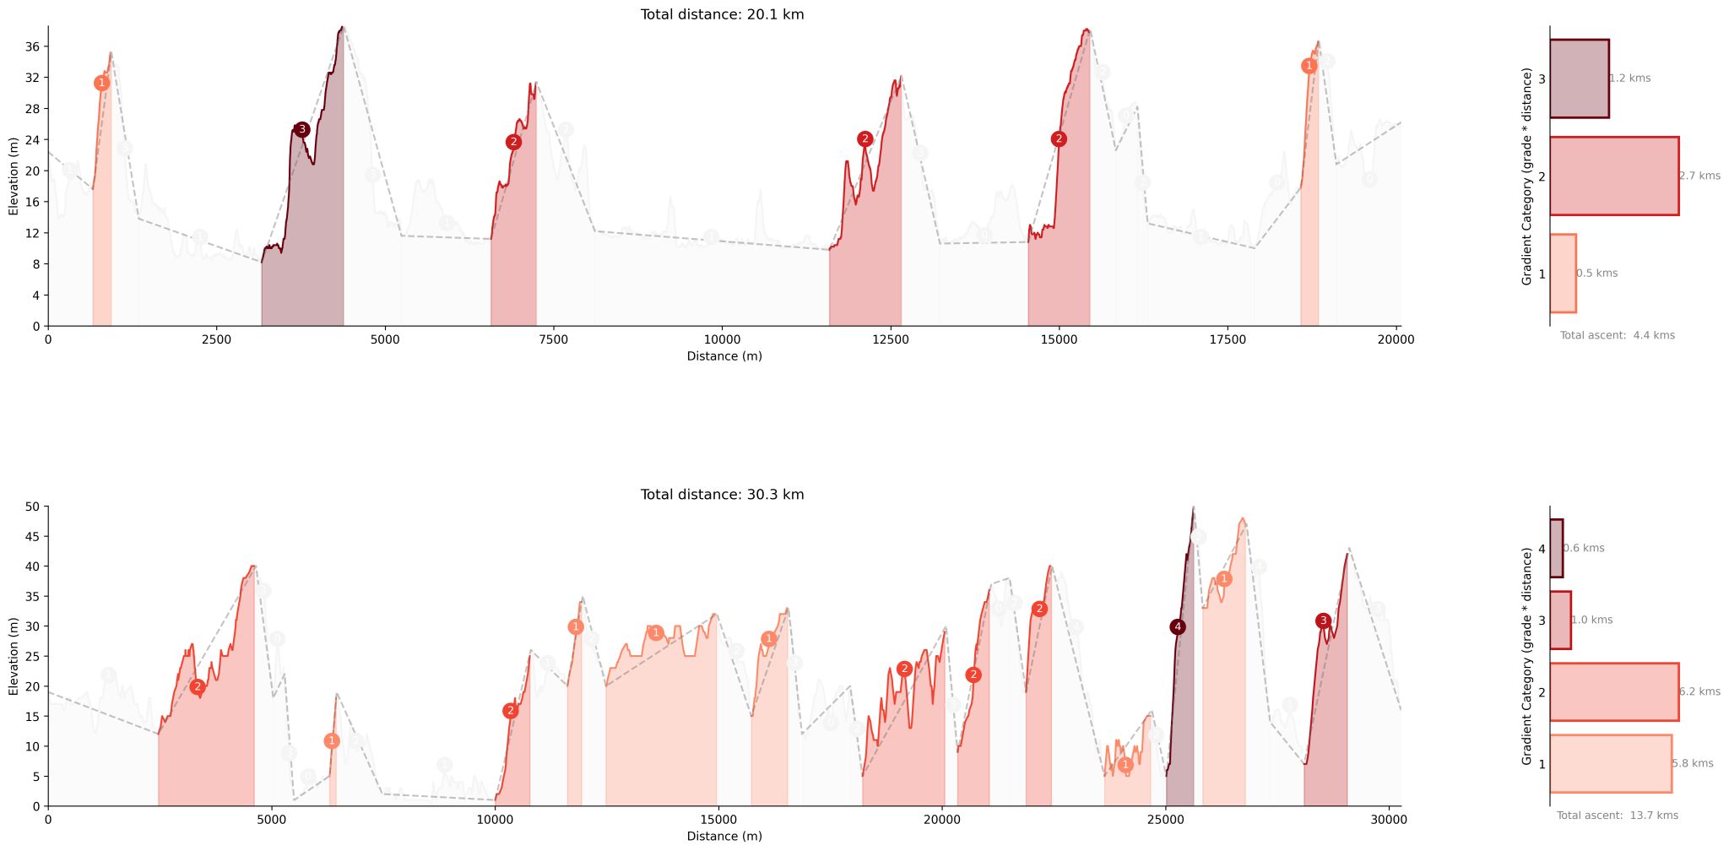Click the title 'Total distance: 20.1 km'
coord(722,14)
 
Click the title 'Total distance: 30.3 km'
coord(722,495)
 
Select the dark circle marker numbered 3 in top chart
coord(301,130)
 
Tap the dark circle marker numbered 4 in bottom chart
coord(1178,627)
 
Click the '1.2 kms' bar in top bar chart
coord(1579,79)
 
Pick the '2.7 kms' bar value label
coord(1699,176)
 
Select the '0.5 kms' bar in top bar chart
coord(1563,274)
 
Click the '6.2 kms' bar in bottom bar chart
coord(1613,692)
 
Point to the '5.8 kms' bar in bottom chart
coord(1610,764)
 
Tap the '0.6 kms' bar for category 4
coord(1556,549)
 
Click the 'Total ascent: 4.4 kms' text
coord(1617,336)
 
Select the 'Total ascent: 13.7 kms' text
coord(1617,816)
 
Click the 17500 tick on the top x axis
coord(1228,340)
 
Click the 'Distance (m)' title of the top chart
coord(724,356)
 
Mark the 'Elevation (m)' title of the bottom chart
coord(14,656)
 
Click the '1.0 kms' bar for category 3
coord(1560,621)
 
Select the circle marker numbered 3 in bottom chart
coord(1323,621)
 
